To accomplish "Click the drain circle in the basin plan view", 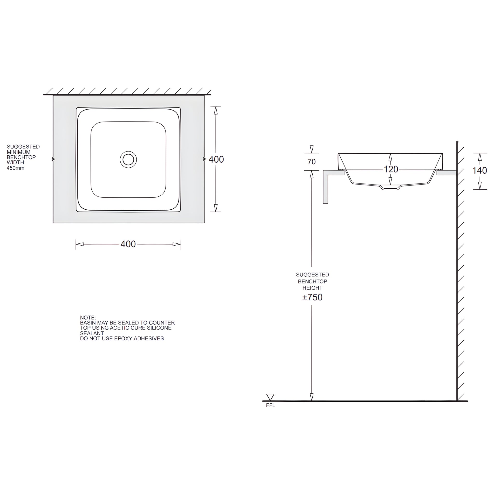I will (128, 159).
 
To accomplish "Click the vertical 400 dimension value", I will (216, 159).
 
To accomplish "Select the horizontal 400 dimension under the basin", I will (128, 244).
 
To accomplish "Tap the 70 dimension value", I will (311, 162).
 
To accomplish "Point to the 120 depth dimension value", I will (391, 169).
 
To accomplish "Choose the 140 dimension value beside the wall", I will (480, 171).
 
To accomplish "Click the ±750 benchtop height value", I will (312, 297).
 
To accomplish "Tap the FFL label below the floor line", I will (271, 405).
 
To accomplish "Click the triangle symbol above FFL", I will (270, 397).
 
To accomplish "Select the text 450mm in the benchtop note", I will (15, 168).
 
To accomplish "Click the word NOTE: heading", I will (88, 318).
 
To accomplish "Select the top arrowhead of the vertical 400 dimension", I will (216, 110).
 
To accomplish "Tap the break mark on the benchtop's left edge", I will (53, 159).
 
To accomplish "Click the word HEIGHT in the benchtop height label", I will (312, 288).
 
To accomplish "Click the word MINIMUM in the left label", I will (18, 152).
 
